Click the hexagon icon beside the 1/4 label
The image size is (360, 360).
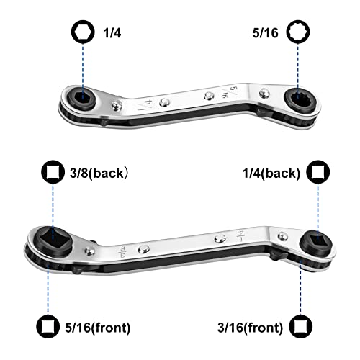coord(83,32)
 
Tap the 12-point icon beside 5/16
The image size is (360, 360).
coord(298,32)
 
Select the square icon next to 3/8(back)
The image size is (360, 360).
coord(53,172)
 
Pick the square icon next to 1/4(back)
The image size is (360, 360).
coord(318,172)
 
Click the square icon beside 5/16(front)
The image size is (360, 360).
coord(48,326)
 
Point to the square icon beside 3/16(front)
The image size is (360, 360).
coord(301,326)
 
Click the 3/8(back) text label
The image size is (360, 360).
coord(99,173)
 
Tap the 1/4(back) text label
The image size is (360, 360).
coord(271,173)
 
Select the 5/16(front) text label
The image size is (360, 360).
coord(98,328)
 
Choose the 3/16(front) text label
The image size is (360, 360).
coord(250,328)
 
